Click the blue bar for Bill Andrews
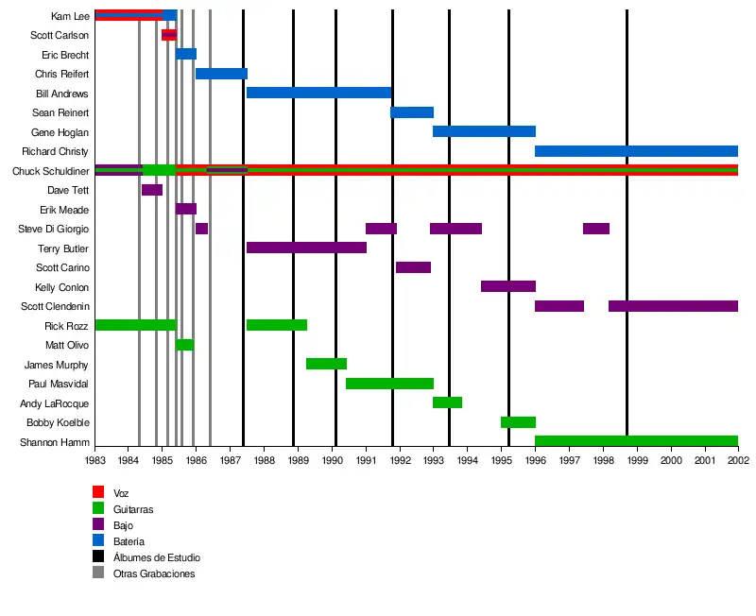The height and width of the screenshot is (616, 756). point(318,93)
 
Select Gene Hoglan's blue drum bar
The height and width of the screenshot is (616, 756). point(484,131)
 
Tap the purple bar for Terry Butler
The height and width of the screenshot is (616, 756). point(306,248)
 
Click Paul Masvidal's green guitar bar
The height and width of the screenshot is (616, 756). point(389,384)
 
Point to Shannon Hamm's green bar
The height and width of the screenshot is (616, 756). point(636,441)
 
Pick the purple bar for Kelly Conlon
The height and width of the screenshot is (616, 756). point(508,286)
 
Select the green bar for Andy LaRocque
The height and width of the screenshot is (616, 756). point(447,402)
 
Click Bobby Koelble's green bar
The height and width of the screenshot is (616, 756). point(518,422)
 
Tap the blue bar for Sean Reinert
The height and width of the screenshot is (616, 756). point(412,112)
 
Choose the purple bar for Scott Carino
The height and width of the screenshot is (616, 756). point(413,267)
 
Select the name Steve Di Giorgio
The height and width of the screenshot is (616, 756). point(54,229)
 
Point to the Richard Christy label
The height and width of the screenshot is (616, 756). point(55,151)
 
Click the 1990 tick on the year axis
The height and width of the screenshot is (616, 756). point(333,460)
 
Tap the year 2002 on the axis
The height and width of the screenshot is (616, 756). point(738,460)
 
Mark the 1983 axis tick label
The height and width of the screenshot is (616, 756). point(95,460)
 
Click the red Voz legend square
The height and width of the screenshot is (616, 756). point(98,492)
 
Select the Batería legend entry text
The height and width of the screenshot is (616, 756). point(129,541)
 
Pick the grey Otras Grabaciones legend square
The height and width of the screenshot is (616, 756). point(98,573)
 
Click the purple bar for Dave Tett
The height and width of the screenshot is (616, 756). point(152,190)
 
